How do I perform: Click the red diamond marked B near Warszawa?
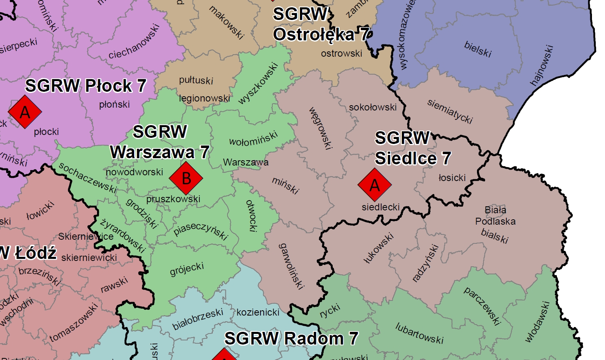(186, 178)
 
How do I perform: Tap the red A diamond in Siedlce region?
(375, 185)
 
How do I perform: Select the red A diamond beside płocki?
(25, 112)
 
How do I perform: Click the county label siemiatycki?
(450, 111)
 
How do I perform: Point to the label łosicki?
(452, 178)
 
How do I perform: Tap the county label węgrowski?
(320, 128)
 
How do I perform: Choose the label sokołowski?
(373, 107)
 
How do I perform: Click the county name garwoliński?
(291, 266)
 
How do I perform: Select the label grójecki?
(187, 269)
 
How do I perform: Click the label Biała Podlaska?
(495, 216)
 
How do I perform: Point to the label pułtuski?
(196, 80)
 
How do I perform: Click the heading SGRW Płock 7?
(86, 86)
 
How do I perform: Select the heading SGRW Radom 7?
(291, 338)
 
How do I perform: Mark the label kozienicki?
(258, 312)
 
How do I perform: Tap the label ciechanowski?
(134, 42)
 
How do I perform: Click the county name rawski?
(115, 285)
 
